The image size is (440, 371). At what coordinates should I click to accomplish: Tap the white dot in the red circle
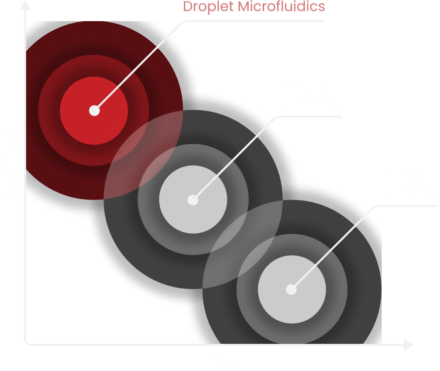point(94,111)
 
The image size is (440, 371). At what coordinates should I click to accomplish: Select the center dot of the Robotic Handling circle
point(193,200)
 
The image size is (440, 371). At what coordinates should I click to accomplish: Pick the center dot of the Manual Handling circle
point(291,290)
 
